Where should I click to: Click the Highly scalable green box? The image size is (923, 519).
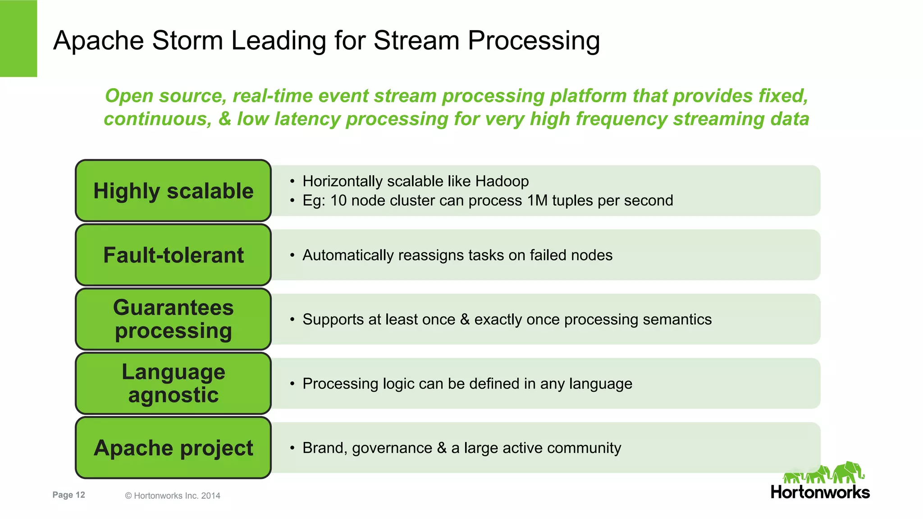173,190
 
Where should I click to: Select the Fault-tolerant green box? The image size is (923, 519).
173,255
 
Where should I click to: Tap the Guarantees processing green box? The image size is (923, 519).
173,319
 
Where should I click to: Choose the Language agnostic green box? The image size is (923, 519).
173,384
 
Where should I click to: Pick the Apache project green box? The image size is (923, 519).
173,448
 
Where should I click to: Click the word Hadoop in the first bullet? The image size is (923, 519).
502,181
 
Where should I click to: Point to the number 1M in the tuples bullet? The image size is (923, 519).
537,200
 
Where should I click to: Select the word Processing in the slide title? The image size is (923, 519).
534,41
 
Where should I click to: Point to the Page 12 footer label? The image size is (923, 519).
69,495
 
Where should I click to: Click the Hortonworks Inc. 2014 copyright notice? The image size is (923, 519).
173,496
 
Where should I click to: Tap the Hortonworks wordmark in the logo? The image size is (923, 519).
820,492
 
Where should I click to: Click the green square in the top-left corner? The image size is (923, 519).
18,38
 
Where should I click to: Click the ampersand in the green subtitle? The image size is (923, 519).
224,119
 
